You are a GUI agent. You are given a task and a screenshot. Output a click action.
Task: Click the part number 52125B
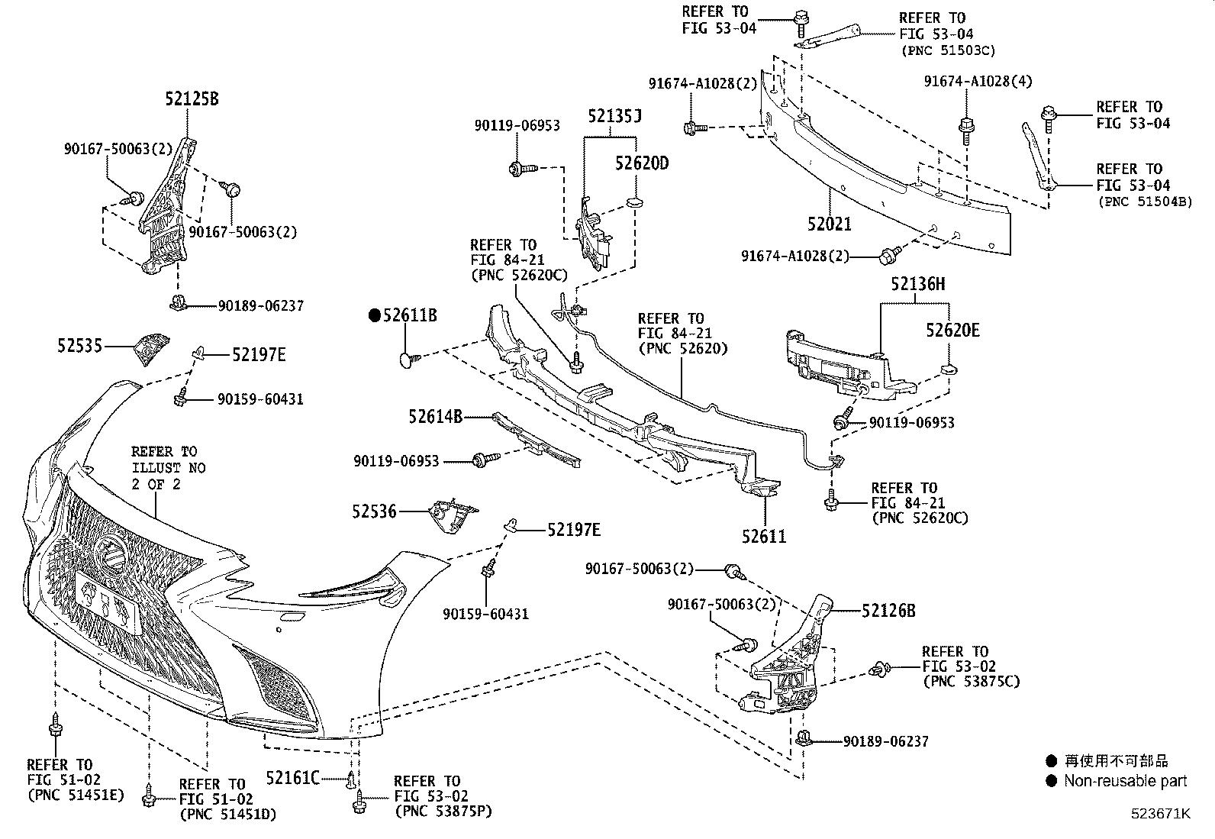coord(192,98)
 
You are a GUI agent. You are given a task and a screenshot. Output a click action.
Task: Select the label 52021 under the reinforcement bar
coord(830,224)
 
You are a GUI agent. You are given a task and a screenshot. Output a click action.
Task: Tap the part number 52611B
coord(410,315)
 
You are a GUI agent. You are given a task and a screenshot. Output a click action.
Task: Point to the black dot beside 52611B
coord(374,315)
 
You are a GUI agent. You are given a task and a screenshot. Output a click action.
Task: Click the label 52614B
coord(435,416)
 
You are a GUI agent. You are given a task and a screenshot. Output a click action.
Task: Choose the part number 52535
coord(79,346)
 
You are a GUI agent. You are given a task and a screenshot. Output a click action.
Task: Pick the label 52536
coord(374,511)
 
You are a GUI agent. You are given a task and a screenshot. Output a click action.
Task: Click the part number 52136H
coord(917,284)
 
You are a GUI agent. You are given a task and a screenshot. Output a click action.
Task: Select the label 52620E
coord(952,330)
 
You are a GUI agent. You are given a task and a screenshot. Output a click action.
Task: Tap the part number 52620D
coord(642,163)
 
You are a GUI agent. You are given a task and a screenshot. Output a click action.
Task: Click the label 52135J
coord(614,116)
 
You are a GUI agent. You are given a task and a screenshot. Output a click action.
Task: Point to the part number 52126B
coord(888,610)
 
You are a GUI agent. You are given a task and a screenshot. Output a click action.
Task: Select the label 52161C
coord(292,778)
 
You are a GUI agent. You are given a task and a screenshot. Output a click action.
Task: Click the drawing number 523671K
coord(1160,813)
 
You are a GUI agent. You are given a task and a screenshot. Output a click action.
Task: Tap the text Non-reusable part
coord(1126,781)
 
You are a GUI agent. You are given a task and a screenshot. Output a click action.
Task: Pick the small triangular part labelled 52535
coord(151,349)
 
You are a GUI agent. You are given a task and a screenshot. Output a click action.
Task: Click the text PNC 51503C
coord(948,50)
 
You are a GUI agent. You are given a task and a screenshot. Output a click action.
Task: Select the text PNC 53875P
coord(443,812)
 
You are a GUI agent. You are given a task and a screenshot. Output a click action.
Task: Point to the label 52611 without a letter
coord(764,536)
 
